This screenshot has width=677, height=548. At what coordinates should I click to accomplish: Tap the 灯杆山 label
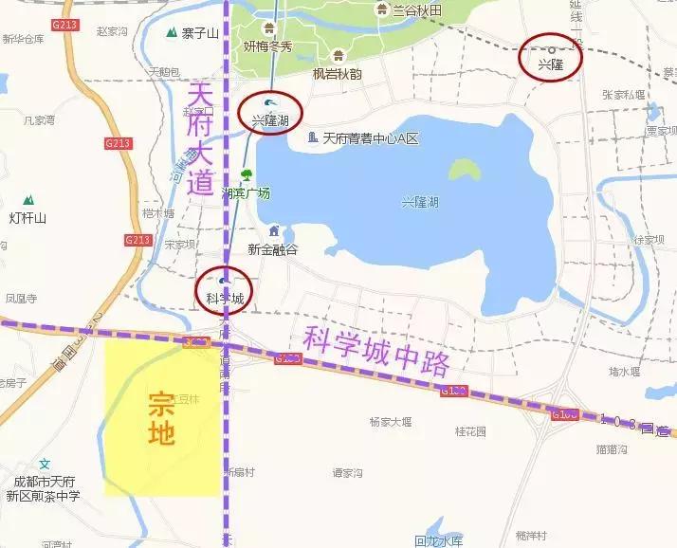[28, 217]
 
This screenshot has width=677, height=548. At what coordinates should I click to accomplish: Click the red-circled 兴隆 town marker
[551, 59]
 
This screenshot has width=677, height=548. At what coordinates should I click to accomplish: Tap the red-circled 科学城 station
[225, 289]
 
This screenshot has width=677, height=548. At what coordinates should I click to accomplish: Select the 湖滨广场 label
[246, 192]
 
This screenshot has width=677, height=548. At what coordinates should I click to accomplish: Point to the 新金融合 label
[272, 248]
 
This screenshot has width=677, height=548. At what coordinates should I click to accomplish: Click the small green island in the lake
[463, 170]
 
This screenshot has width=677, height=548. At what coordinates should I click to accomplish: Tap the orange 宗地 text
[161, 418]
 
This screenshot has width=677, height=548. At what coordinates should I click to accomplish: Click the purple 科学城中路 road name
[375, 351]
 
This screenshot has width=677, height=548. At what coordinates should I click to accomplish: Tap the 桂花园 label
[470, 430]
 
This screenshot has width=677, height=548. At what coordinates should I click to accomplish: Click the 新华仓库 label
[23, 39]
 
